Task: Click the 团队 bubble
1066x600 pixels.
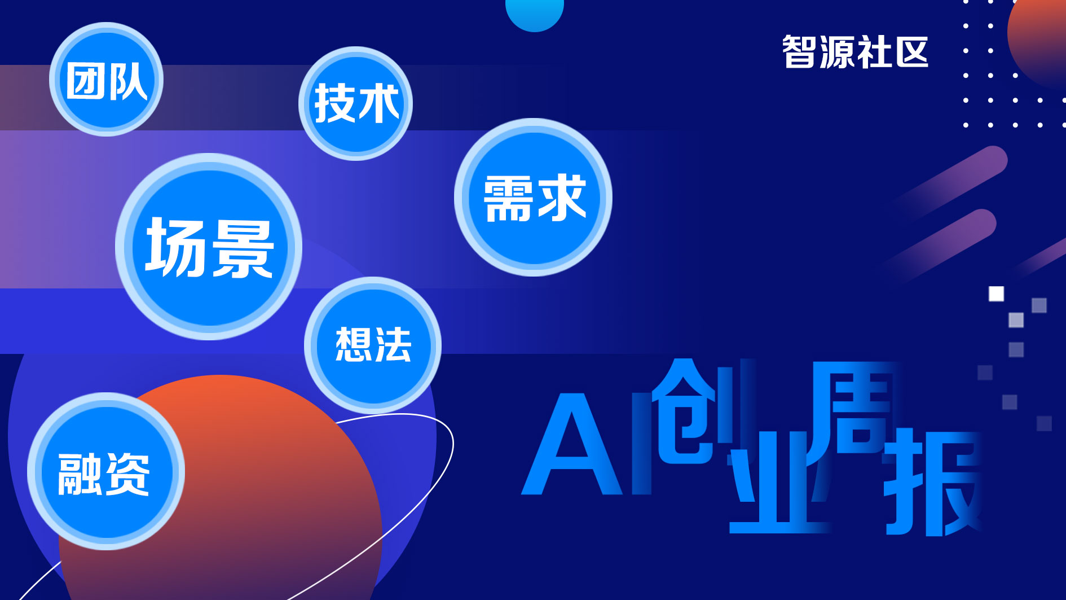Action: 106,79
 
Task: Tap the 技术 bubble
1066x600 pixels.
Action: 355,103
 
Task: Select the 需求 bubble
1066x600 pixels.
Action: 533,197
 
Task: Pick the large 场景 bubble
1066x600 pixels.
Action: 209,247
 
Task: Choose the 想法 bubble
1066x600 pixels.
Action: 373,345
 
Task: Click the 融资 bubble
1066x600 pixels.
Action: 106,471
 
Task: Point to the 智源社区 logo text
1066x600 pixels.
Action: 855,52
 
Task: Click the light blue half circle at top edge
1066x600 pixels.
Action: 535,14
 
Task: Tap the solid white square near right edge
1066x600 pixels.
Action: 996,294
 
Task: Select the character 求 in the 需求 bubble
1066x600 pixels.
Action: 562,197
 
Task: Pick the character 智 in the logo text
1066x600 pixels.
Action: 799,52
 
